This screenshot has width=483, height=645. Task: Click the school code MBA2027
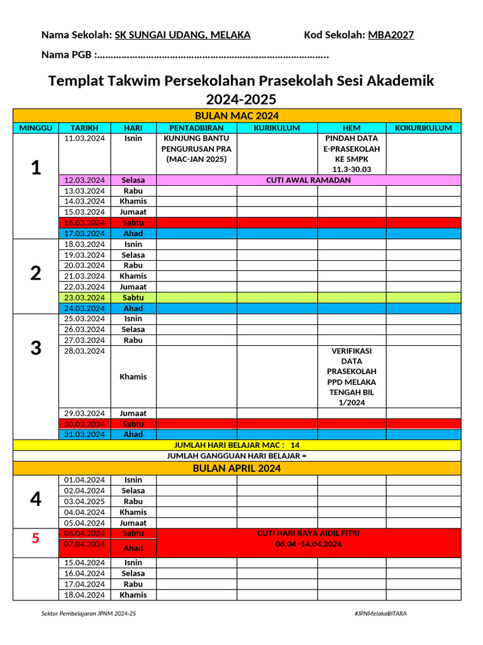tap(391, 35)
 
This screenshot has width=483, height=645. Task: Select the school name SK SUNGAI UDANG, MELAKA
tap(182, 35)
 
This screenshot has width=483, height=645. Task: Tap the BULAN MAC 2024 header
tap(236, 116)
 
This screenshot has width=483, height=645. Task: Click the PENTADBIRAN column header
tap(196, 128)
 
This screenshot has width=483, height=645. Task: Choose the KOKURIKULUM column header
tap(423, 128)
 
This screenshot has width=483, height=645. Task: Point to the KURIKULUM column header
tap(277, 128)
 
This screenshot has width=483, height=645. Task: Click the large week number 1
tap(36, 168)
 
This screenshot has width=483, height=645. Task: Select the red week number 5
tap(36, 539)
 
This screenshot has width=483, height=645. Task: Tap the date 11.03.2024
tap(84, 139)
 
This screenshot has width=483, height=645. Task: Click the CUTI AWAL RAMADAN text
tap(308, 180)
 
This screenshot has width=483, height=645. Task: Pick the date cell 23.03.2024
tap(84, 297)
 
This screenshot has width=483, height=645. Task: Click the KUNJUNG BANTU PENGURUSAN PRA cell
tap(196, 149)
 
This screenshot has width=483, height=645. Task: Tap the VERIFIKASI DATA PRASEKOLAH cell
tap(352, 377)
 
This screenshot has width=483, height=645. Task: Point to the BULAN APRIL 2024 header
tap(236, 469)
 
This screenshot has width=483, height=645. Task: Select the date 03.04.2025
tap(84, 501)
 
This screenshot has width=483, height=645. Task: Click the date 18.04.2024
tap(84, 595)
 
